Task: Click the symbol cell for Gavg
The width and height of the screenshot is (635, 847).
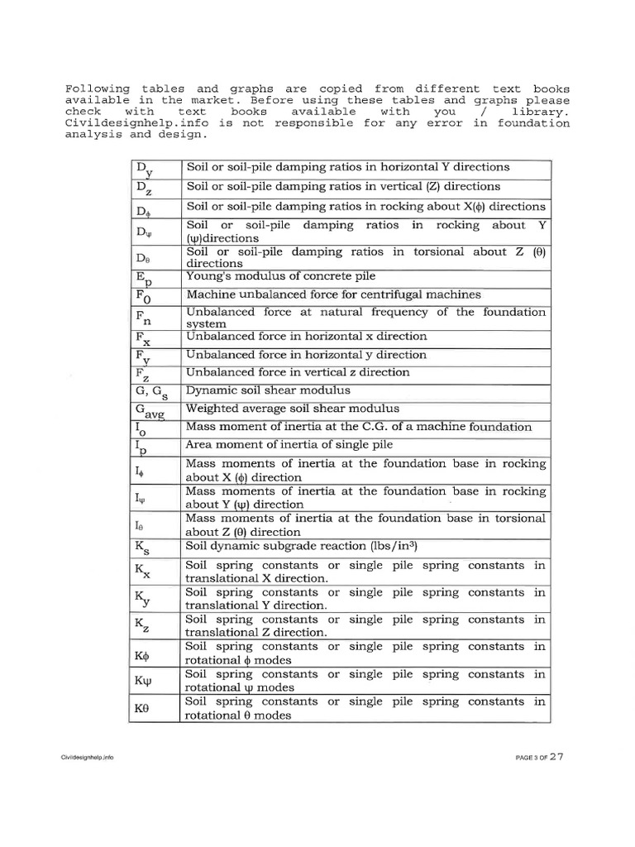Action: pos(149,411)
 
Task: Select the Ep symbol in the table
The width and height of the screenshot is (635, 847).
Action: pos(143,280)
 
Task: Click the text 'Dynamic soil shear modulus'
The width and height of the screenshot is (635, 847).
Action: pos(268,390)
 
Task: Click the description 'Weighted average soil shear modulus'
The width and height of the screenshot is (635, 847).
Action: pos(293,409)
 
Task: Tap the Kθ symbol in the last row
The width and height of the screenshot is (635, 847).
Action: pos(141,709)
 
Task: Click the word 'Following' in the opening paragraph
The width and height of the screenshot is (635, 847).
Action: pos(97,89)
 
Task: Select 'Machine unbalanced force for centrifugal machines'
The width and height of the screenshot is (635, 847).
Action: pos(334,294)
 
